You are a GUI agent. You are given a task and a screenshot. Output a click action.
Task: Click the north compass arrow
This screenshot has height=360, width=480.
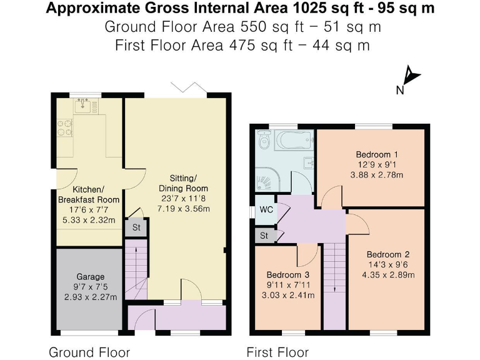click(x=411, y=76)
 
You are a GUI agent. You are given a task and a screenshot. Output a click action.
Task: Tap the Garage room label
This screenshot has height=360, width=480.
click(x=90, y=277)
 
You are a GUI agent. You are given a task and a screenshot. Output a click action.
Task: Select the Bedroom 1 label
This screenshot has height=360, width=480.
click(x=377, y=154)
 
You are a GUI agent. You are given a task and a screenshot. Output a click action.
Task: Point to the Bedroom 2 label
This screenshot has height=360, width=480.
click(x=388, y=254)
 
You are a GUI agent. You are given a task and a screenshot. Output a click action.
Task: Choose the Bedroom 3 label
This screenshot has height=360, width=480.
click(x=288, y=274)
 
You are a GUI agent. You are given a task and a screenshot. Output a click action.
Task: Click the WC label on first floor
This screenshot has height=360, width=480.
click(x=266, y=210)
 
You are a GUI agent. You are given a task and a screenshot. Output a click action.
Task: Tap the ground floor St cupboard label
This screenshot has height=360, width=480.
click(x=136, y=227)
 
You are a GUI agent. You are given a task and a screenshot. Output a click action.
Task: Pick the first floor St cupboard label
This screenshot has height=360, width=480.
click(x=264, y=236)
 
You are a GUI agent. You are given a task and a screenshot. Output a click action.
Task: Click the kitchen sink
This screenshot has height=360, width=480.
click(x=82, y=106)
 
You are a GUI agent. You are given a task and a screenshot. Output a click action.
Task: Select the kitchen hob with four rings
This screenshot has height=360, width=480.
click(x=65, y=128)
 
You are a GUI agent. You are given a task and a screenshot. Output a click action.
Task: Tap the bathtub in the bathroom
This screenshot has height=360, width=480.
click(x=294, y=140)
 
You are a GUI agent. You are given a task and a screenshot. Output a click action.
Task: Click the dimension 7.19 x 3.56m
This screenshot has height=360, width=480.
click(x=183, y=209)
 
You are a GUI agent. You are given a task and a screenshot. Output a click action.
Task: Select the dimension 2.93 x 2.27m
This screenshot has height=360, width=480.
click(x=91, y=297)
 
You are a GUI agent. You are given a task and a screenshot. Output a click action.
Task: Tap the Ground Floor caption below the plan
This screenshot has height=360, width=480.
click(x=89, y=352)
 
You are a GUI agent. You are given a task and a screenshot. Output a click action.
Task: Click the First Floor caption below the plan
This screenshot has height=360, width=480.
click(x=277, y=352)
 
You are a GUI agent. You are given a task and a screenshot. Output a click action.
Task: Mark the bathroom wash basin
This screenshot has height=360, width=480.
click(x=308, y=162)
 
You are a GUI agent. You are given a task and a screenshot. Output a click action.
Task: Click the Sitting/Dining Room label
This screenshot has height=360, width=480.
click(x=183, y=183)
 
